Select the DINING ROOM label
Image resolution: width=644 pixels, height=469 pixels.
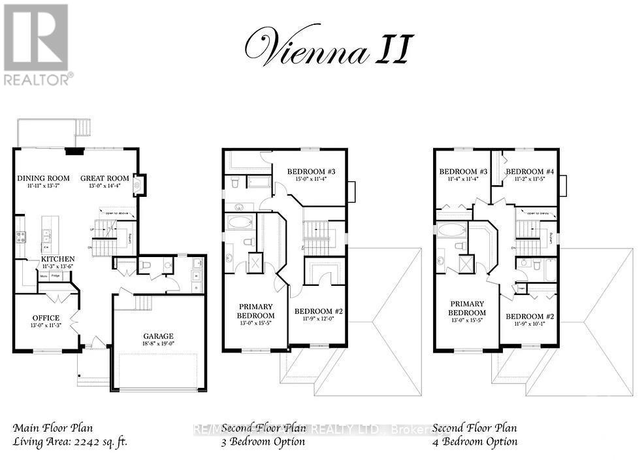click(x=43, y=178)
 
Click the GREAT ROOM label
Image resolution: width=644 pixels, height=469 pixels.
click(x=105, y=178)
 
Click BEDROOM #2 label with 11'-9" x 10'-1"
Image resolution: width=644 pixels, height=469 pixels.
click(x=530, y=317)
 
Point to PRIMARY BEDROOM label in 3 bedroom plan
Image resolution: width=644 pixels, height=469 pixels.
click(x=256, y=310)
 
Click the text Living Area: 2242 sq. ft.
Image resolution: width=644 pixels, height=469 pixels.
click(x=70, y=442)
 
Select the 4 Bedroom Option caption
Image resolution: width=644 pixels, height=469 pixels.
click(x=475, y=442)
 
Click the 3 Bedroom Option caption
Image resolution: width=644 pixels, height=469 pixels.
click(x=263, y=442)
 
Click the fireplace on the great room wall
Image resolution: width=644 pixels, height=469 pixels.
click(x=138, y=185)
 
